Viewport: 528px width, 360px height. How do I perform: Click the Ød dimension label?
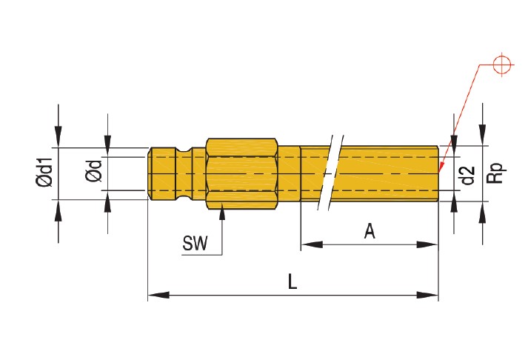coord(95,174)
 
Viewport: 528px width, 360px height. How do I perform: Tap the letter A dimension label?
coord(370,231)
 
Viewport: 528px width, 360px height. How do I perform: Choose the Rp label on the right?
coord(497,173)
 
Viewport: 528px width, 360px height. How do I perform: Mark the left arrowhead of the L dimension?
coord(156,295)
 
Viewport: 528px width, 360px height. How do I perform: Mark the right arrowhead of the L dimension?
coord(431,295)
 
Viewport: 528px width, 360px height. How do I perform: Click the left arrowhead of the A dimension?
coord(308,244)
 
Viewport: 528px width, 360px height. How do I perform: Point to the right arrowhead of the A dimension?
coord(431,244)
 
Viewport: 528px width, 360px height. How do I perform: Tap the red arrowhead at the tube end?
coord(442,164)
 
